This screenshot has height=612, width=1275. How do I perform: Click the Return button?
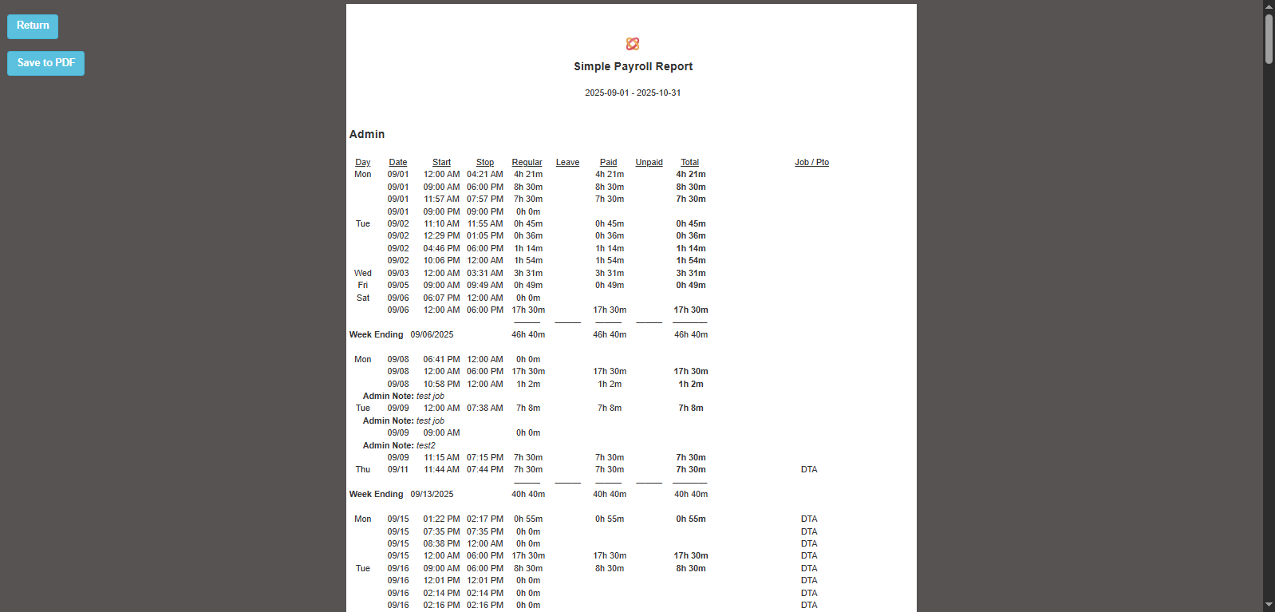click(33, 26)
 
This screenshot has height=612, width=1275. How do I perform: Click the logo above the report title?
click(633, 44)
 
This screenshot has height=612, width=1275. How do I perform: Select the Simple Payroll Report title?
click(633, 67)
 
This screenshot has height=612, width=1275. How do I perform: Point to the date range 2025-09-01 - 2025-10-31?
click(633, 93)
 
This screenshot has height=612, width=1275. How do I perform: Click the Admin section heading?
click(367, 134)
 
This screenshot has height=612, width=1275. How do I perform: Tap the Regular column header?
click(527, 163)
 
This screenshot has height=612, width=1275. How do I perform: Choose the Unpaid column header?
click(649, 163)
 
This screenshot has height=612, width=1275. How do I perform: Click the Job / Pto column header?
click(811, 163)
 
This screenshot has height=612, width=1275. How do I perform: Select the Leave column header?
click(567, 163)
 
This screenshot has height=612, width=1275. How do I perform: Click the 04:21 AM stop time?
click(485, 175)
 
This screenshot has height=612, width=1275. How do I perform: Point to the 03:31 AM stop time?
click(485, 273)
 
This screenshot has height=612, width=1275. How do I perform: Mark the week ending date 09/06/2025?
click(432, 335)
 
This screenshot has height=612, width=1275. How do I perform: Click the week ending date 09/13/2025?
click(432, 495)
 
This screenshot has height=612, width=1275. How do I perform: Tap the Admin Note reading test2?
click(399, 445)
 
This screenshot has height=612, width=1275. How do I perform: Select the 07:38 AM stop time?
click(485, 409)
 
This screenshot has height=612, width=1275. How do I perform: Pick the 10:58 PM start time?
click(441, 384)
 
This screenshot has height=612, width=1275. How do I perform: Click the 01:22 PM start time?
click(441, 519)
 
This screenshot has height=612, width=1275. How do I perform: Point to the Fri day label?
click(363, 286)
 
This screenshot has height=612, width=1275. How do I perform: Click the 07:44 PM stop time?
click(485, 470)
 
